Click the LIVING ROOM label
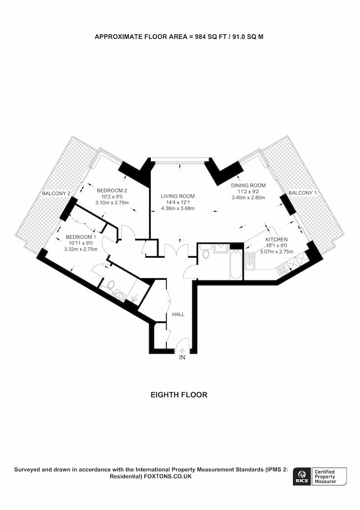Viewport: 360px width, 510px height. (178, 196)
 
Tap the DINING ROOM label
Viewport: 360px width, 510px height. (248, 185)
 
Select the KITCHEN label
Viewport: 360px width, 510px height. (277, 239)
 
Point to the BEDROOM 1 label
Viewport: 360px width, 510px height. (81, 237)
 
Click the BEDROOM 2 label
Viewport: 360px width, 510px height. (112, 190)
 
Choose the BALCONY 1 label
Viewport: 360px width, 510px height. (303, 193)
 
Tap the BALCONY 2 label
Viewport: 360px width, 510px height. (56, 194)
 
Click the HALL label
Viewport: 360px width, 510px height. (178, 315)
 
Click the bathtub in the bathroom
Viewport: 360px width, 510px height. (236, 264)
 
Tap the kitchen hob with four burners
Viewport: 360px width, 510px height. (281, 270)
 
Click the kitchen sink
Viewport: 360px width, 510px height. (250, 261)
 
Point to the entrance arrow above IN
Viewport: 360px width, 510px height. (182, 351)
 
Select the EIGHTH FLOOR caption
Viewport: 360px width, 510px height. (179, 395)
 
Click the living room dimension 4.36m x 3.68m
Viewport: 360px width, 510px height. (178, 208)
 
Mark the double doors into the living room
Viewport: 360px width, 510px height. (177, 250)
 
